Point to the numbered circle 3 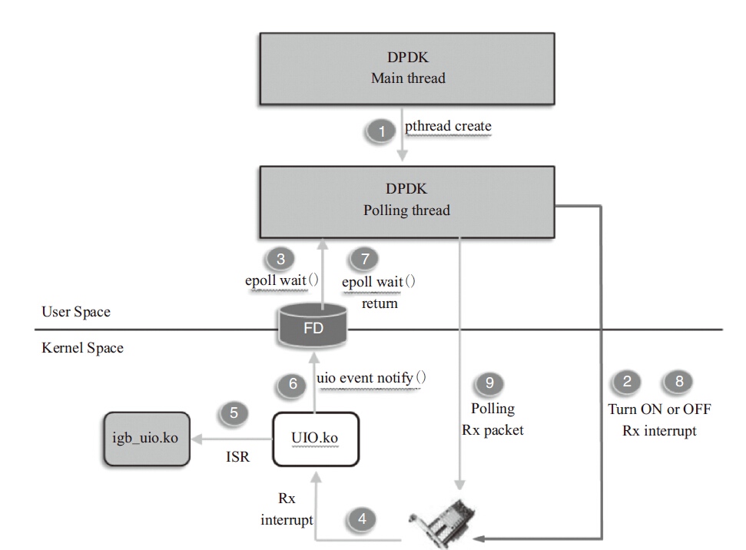pos(279,259)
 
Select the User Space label pos(76,312)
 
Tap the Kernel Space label pos(82,348)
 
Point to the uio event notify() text pos(371,378)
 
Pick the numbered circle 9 pos(493,382)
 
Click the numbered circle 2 pos(628,381)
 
